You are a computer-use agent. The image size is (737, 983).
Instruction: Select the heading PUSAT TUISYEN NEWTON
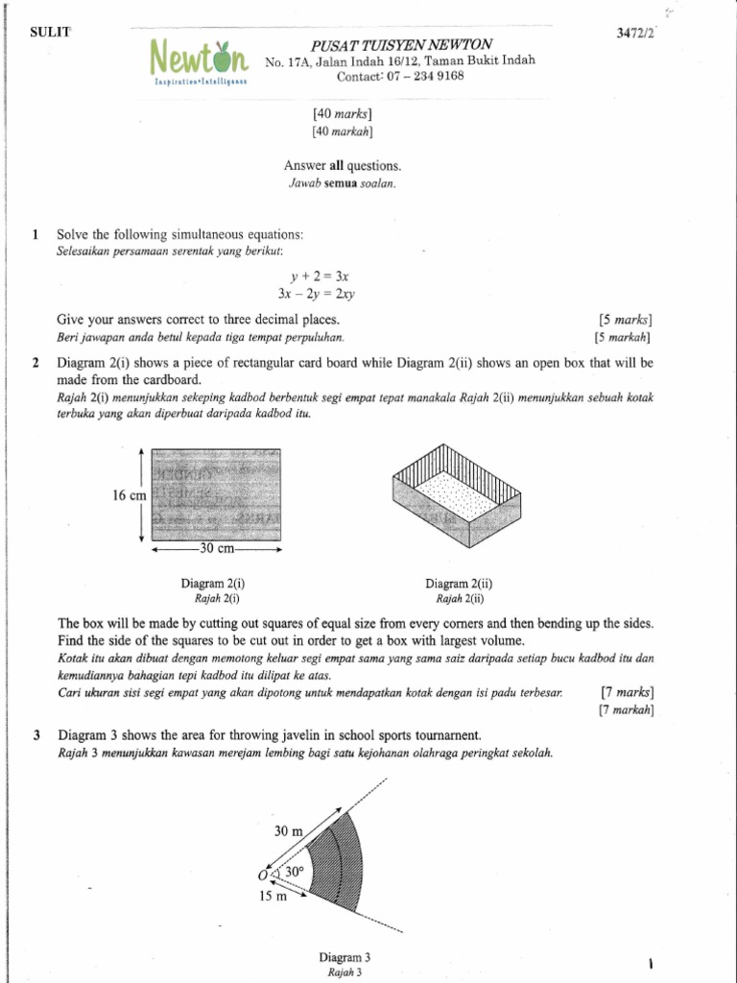401,45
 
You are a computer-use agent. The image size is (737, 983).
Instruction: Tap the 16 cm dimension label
129,495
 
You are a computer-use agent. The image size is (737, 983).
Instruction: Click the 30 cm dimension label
215,550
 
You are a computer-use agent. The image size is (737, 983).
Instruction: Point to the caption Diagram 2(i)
216,583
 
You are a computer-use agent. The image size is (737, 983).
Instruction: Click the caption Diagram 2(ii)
458,583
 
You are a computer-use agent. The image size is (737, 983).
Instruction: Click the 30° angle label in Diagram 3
293,872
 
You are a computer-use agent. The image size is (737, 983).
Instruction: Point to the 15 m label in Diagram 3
273,897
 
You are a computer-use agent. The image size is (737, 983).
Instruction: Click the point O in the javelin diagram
262,875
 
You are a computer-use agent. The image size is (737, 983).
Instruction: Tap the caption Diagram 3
344,957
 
